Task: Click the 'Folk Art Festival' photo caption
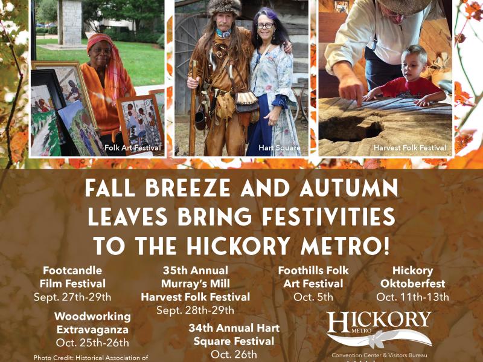[x=132, y=147]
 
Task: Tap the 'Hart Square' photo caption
[x=280, y=147]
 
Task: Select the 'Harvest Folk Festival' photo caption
[x=410, y=147]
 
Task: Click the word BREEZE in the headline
[x=187, y=188]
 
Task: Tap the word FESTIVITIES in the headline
[x=328, y=217]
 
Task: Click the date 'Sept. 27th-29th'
[x=72, y=297]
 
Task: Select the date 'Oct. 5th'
[x=313, y=297]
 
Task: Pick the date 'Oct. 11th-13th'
[x=412, y=297]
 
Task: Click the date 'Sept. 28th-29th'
[x=195, y=310]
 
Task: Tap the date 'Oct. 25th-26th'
[x=92, y=343]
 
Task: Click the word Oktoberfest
[x=412, y=283]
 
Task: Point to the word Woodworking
[x=92, y=317]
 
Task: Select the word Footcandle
[x=72, y=270]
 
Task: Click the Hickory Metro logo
[x=379, y=330]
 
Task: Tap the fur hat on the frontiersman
[x=224, y=7]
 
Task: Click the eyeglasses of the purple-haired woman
[x=265, y=25]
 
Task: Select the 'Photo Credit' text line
[x=91, y=358]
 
